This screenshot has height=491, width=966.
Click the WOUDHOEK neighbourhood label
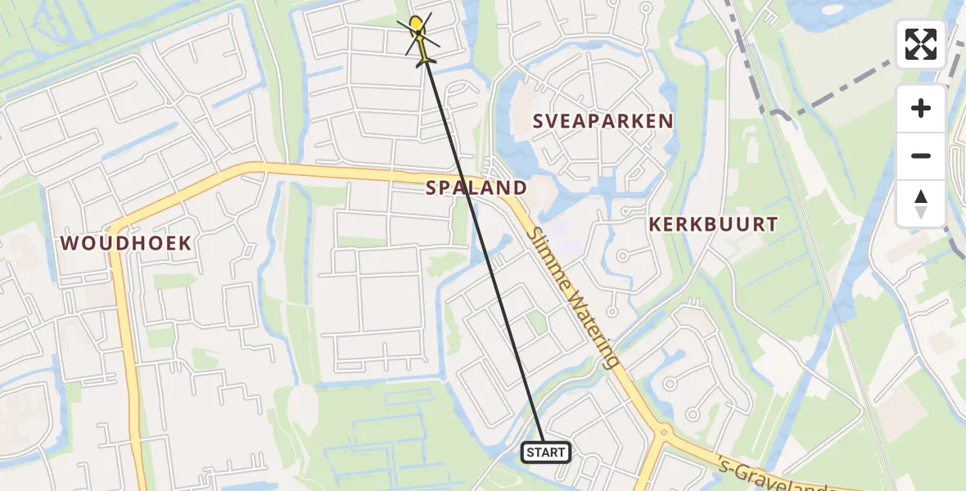(125, 243)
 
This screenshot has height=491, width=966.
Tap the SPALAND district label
(476, 188)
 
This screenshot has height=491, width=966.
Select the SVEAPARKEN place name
(603, 121)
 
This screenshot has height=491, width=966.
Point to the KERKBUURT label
(712, 224)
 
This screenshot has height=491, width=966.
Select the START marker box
(546, 453)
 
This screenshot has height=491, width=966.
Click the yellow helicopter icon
(419, 37)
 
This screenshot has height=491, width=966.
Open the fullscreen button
(921, 44)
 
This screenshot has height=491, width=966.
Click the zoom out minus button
(921, 156)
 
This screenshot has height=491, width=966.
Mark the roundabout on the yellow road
(664, 430)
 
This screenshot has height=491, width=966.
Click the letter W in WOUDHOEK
(70, 243)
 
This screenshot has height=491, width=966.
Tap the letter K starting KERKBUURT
(655, 224)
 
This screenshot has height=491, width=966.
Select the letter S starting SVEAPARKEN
(539, 121)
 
